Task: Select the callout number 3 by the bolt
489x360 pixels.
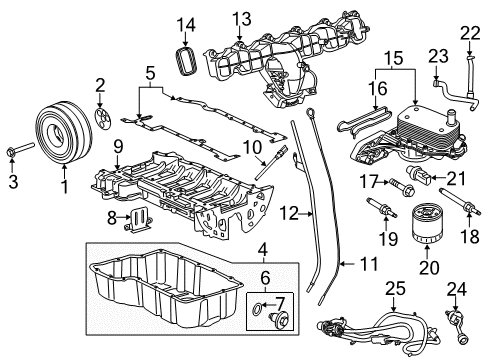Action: (13, 182)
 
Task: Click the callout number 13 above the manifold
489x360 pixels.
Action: (241, 19)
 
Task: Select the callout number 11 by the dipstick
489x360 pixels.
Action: (343, 264)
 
